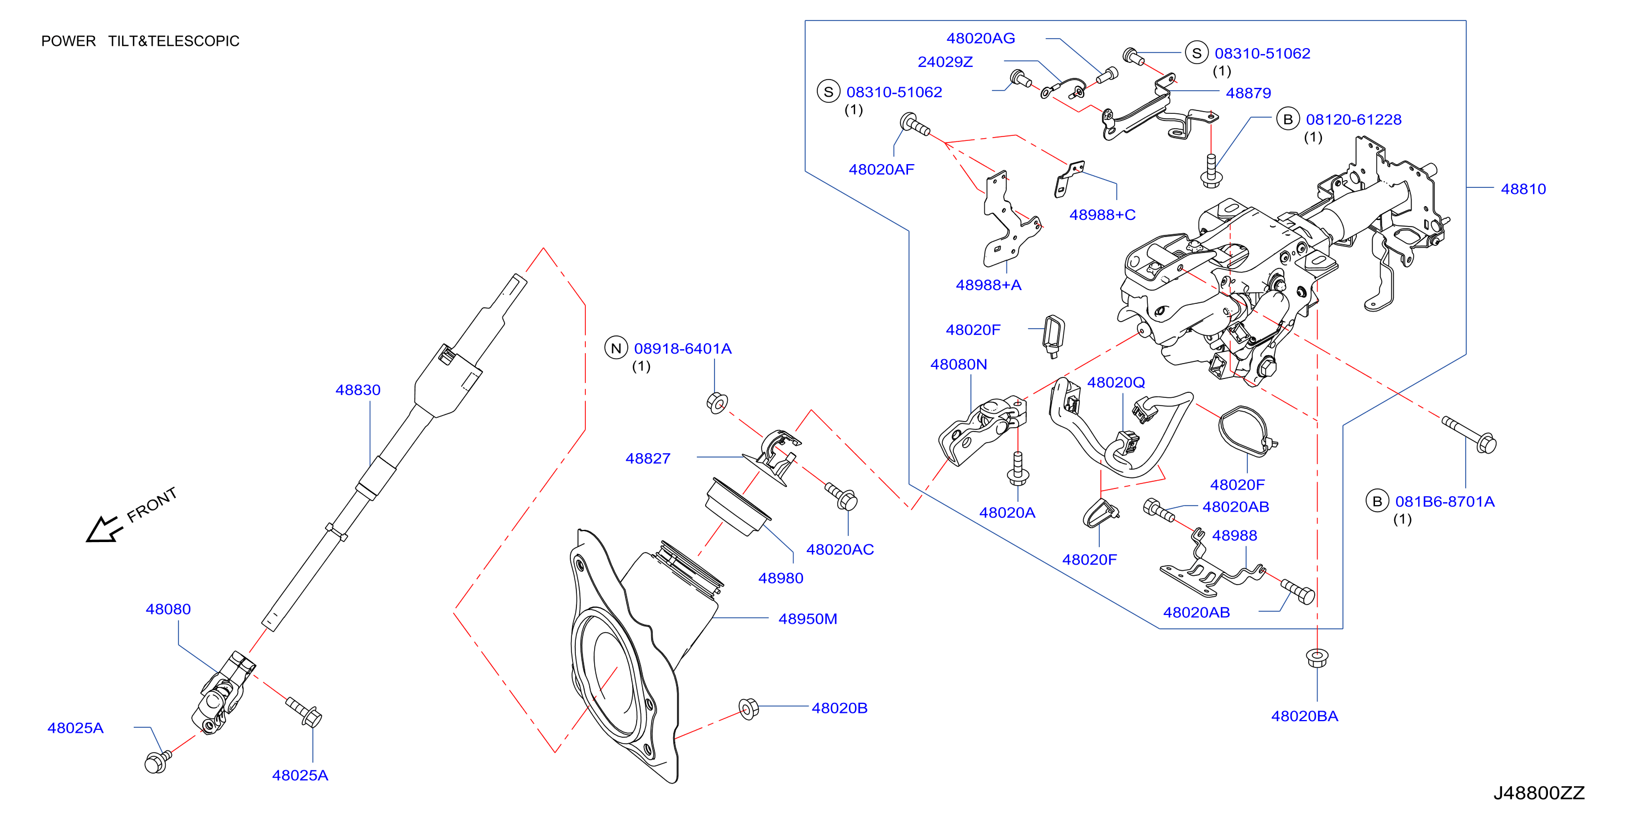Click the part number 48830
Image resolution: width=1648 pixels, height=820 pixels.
click(x=358, y=390)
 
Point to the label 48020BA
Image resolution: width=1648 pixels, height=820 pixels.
click(x=1304, y=716)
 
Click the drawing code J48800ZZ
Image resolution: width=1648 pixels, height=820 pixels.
click(x=1539, y=792)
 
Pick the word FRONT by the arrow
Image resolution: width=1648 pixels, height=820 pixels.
click(x=151, y=504)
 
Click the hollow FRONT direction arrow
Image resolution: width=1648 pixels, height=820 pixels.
click(x=104, y=528)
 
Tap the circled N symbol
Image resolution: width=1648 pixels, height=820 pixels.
click(x=616, y=348)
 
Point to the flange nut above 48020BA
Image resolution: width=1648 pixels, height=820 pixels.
click(x=1316, y=657)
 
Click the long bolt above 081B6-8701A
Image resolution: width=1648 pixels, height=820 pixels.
click(x=1469, y=434)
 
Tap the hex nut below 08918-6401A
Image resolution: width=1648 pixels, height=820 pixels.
click(x=717, y=402)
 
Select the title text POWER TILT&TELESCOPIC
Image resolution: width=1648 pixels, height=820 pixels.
click(x=140, y=41)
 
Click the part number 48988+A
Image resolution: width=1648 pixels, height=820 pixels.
click(x=989, y=285)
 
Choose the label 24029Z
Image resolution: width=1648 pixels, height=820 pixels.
click(x=945, y=61)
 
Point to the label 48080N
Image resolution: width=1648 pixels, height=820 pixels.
click(x=958, y=364)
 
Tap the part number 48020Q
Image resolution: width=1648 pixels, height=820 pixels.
click(x=1116, y=382)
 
